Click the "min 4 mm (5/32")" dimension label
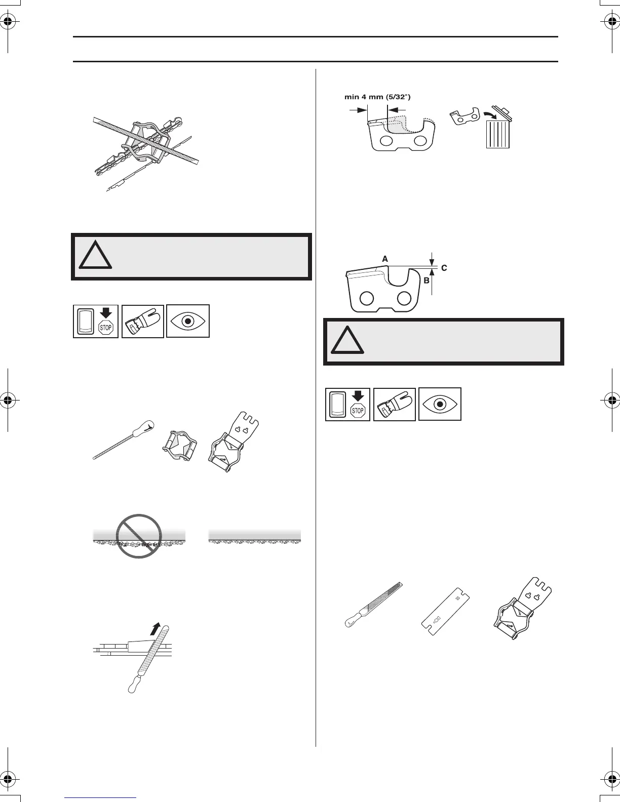pos(374,97)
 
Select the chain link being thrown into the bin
pos(464,117)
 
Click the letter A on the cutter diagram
pos(385,259)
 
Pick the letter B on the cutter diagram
pos(426,280)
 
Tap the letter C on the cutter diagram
pos(444,268)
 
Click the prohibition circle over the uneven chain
pos(139,536)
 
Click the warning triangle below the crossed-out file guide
pos(95,256)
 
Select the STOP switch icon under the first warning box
pos(96,321)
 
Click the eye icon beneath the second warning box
pos(440,404)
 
